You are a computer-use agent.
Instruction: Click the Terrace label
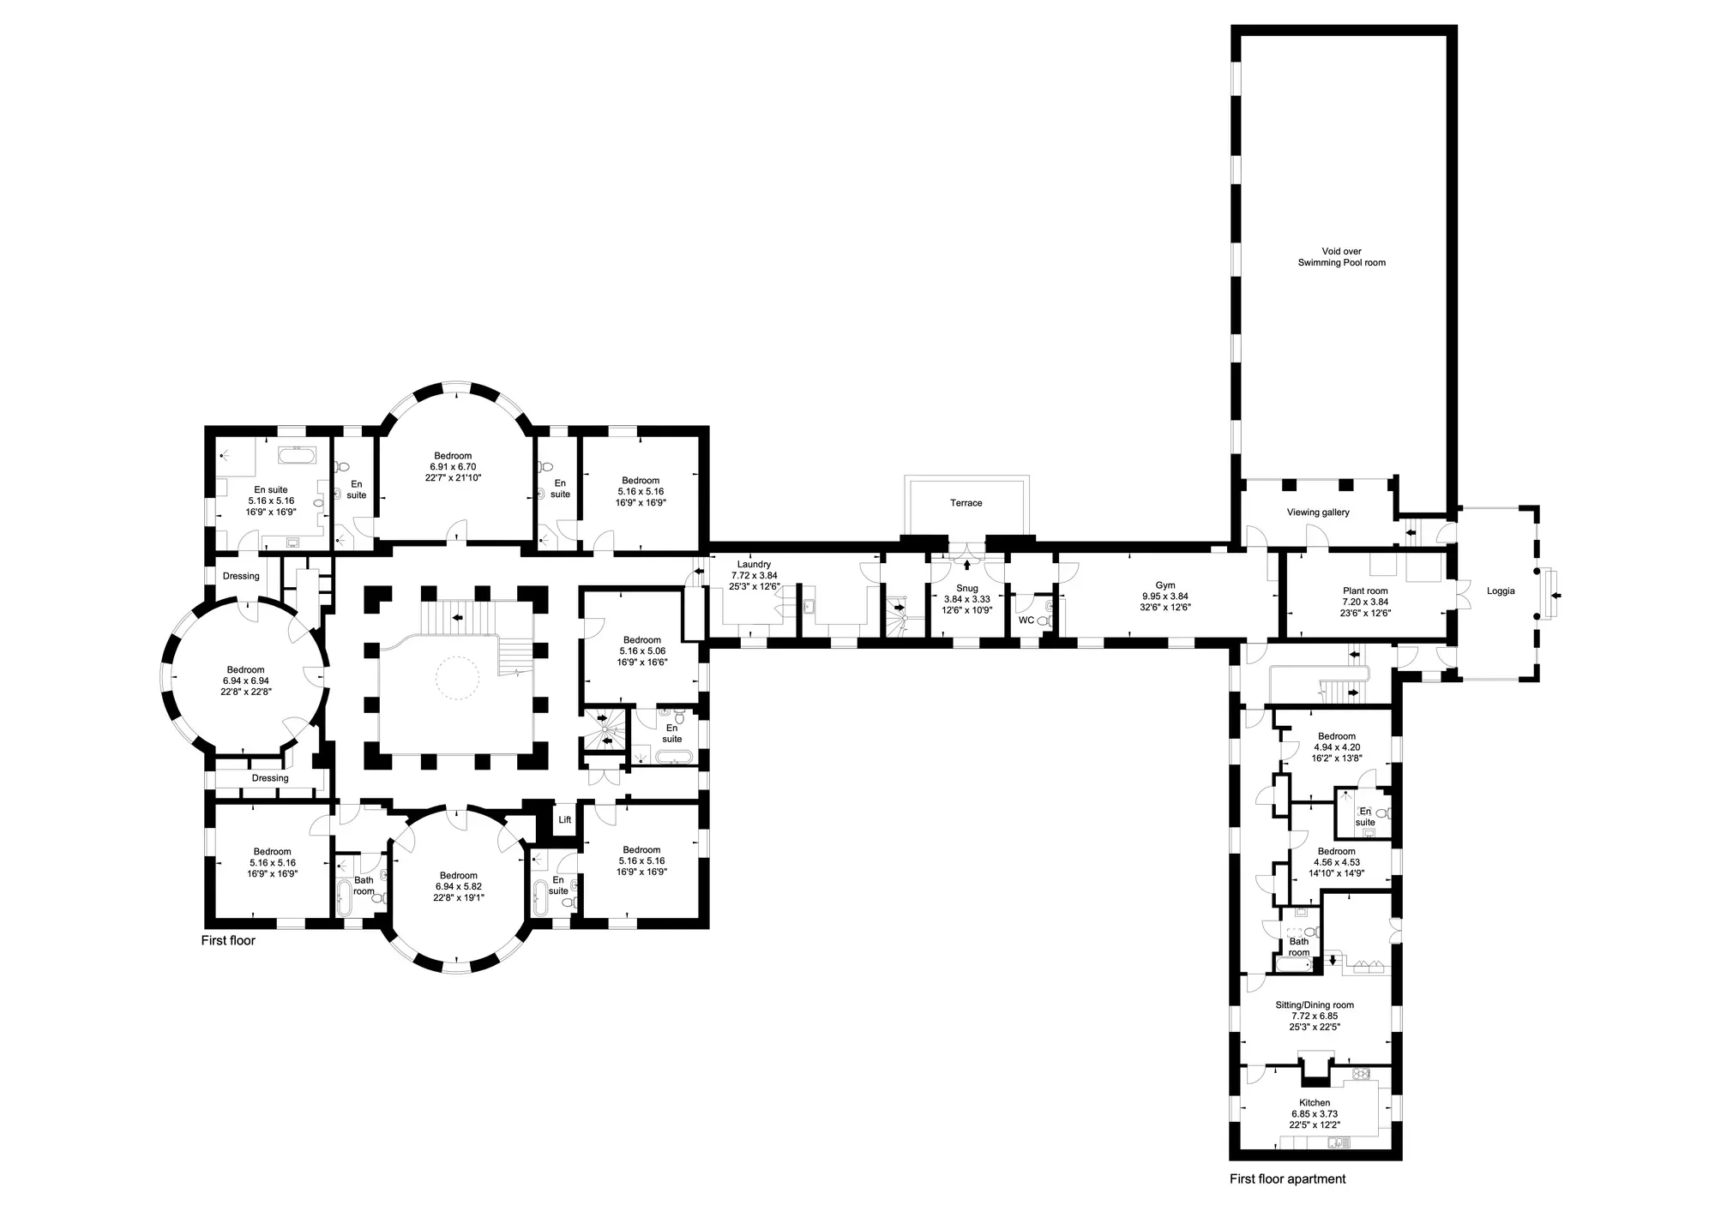point(966,503)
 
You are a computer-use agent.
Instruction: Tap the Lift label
point(565,820)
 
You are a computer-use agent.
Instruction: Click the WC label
point(1026,620)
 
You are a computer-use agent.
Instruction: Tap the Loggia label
point(1501,591)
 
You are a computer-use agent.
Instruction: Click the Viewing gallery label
point(1318,513)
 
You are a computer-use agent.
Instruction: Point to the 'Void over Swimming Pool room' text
point(1341,257)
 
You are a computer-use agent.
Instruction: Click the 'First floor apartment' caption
point(1287,1179)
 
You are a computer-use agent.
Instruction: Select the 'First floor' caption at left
point(228,940)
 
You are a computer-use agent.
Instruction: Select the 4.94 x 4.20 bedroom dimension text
point(1337,747)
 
